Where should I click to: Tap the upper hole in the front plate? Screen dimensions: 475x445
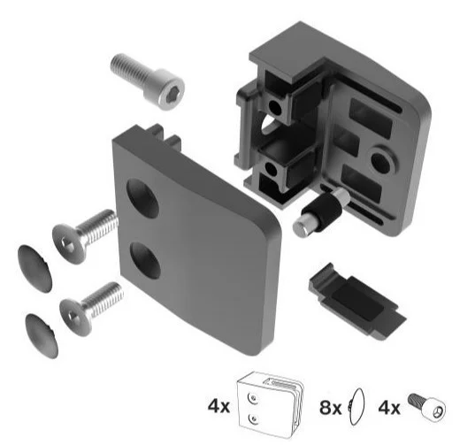click(x=142, y=199)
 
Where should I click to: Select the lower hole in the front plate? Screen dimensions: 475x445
click(x=146, y=260)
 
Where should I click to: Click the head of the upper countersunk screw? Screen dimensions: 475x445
click(x=69, y=243)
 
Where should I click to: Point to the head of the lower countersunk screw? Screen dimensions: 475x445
click(x=76, y=317)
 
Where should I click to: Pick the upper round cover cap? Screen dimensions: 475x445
click(x=34, y=268)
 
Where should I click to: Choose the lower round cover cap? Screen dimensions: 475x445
click(x=42, y=335)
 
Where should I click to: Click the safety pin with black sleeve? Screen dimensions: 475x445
click(x=321, y=212)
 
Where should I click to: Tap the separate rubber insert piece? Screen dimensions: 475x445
click(x=356, y=299)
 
